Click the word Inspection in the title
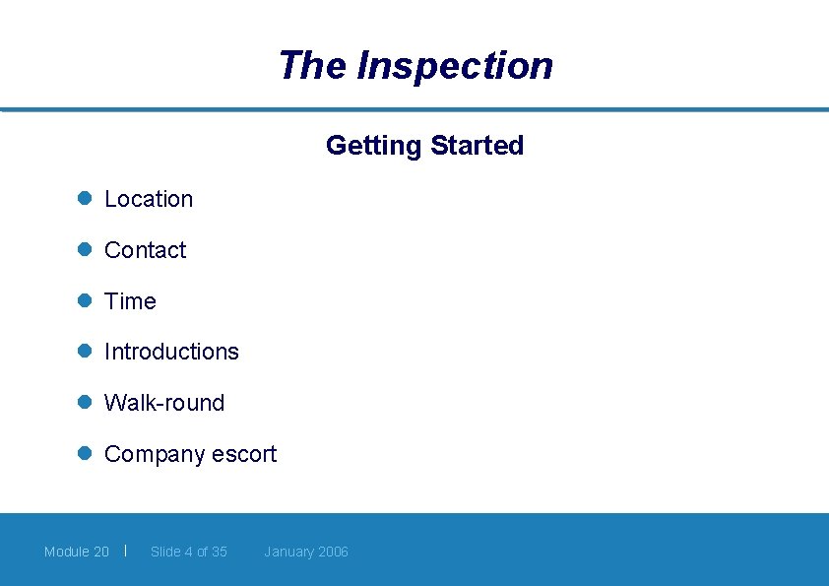(x=455, y=66)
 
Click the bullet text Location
(x=149, y=199)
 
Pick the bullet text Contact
(x=145, y=250)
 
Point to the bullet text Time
(x=130, y=301)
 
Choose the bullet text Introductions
(x=171, y=352)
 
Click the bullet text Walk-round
(x=164, y=403)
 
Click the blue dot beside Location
(x=85, y=198)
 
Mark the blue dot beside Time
(x=85, y=300)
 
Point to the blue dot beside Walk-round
(x=85, y=402)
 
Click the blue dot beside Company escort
(x=85, y=453)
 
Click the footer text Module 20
(x=77, y=552)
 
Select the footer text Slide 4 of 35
(x=188, y=552)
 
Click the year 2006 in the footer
(x=332, y=552)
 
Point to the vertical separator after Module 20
(x=126, y=550)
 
